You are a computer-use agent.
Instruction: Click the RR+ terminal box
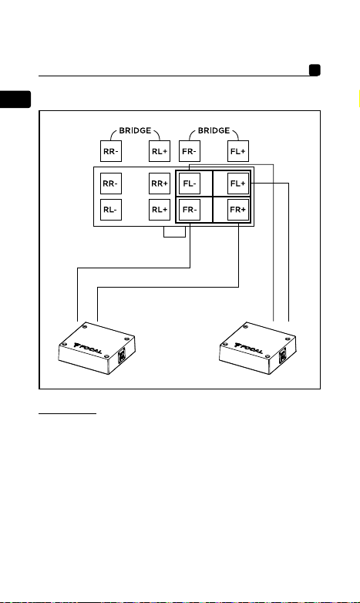(160, 184)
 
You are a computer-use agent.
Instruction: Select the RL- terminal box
(111, 210)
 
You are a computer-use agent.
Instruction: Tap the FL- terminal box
(189, 184)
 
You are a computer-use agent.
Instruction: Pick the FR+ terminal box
(238, 210)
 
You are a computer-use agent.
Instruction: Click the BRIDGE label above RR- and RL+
(135, 130)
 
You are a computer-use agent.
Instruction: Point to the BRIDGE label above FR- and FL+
(214, 130)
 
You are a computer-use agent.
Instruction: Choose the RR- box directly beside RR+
(111, 184)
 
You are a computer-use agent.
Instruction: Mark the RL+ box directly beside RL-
(160, 210)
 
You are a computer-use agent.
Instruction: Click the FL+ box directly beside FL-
(238, 184)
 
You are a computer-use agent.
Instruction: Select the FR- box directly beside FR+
(189, 210)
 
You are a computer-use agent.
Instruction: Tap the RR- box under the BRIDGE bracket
(111, 151)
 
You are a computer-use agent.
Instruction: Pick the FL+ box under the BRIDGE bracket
(238, 151)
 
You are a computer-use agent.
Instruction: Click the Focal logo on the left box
(88, 348)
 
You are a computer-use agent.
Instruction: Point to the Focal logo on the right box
(249, 348)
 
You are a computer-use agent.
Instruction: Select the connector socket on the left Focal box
(122, 355)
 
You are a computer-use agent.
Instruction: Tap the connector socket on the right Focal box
(283, 355)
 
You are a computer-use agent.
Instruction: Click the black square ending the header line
(315, 70)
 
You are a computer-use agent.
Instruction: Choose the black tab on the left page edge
(15, 99)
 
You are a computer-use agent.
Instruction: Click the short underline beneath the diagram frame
(67, 414)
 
